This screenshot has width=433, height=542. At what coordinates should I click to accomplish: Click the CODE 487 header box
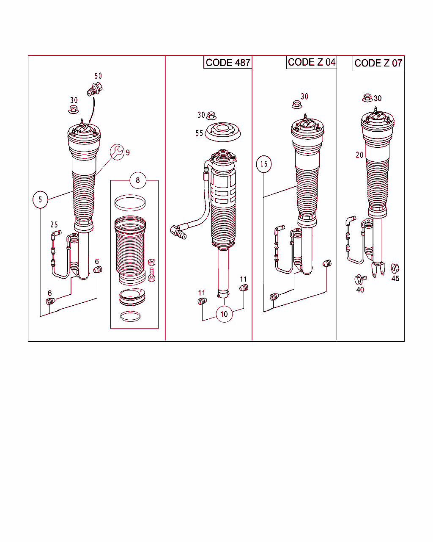click(227, 62)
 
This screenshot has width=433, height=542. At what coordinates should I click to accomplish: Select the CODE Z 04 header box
click(311, 62)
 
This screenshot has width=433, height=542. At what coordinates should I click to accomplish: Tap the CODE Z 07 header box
click(378, 63)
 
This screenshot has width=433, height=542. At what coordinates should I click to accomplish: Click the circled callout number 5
click(40, 199)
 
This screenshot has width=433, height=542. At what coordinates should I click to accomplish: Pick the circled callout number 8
click(137, 180)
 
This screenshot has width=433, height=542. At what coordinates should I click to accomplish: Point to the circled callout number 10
click(224, 314)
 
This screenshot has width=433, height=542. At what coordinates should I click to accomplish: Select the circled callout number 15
click(264, 164)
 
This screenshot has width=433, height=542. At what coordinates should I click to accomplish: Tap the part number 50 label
click(98, 76)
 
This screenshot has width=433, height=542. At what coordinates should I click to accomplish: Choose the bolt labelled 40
click(361, 279)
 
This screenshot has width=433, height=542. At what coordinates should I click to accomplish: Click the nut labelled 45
click(395, 268)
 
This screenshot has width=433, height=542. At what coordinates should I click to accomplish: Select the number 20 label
click(359, 155)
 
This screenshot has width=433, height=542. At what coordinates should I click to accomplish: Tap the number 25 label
click(54, 224)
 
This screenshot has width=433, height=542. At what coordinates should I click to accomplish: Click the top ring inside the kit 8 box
click(130, 203)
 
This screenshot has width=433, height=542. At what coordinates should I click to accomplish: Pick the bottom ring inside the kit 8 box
click(130, 316)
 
